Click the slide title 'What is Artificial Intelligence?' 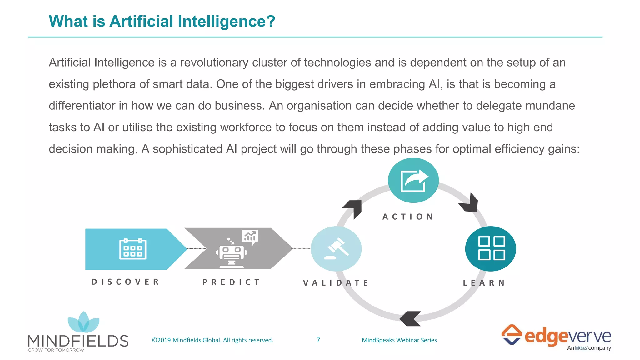coord(162,21)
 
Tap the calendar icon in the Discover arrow coord(133,249)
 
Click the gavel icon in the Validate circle coord(336,249)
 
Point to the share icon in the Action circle coord(414,181)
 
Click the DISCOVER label coord(125,282)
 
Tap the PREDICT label coord(231,282)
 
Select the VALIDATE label coord(336,283)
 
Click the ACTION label coord(408,217)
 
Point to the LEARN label coord(484,283)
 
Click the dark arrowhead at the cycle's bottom coord(410,318)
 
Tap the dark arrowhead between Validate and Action coord(353,208)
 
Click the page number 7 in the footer coord(318,340)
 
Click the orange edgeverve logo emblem coord(512,334)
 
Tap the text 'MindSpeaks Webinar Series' coord(399,340)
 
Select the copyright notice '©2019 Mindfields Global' coord(212,340)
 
